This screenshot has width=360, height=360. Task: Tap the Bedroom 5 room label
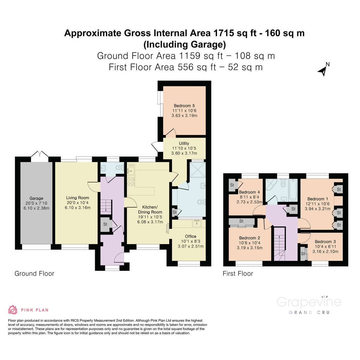tap(184, 106)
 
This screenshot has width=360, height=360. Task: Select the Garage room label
tap(36, 198)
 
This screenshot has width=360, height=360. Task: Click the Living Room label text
tap(77, 198)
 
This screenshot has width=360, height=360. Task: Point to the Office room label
tap(190, 236)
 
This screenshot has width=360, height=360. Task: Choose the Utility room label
tap(184, 143)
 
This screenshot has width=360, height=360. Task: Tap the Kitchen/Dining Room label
tap(150, 209)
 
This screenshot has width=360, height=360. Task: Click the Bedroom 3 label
tap(325, 241)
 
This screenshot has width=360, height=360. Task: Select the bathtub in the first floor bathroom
tap(293, 190)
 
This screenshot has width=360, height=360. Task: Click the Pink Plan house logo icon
tap(13, 310)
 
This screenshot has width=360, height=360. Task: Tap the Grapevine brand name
tap(309, 302)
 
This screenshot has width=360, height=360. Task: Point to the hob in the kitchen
tap(131, 181)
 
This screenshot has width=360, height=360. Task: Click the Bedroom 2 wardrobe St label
tap(241, 221)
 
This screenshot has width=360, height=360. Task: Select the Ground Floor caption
tap(34, 274)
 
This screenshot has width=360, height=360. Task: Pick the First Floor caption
tap(238, 274)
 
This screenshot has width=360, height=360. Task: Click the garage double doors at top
tap(40, 155)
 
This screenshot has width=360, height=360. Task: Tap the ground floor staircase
tap(106, 205)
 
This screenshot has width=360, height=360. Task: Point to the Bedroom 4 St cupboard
tap(232, 185)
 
